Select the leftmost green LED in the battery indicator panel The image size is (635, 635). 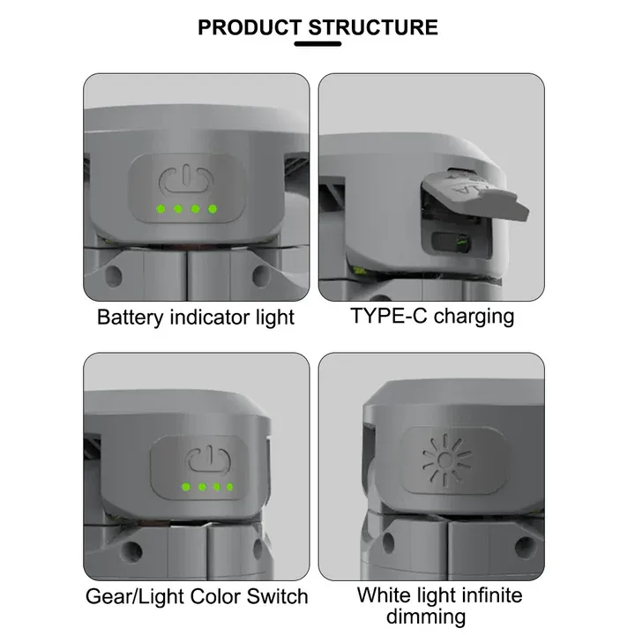[x=160, y=209]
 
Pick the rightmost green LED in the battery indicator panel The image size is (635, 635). [x=213, y=209]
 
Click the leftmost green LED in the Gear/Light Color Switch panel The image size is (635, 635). [x=185, y=487]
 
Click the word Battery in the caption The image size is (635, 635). [x=130, y=317]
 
